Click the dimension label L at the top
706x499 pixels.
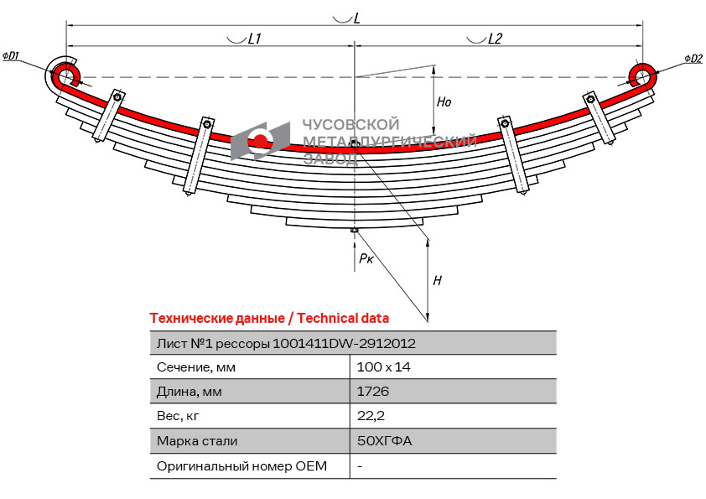click(356, 18)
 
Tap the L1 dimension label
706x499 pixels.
click(255, 39)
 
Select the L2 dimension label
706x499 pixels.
click(495, 39)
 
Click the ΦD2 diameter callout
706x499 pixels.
click(693, 58)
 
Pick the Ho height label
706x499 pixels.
click(444, 102)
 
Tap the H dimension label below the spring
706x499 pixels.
click(437, 281)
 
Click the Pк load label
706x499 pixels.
click(366, 259)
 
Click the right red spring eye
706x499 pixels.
click(644, 75)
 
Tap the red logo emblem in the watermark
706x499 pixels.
click(261, 140)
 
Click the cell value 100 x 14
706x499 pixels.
click(383, 367)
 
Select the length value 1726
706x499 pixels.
click(372, 392)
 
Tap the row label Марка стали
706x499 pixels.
click(197, 441)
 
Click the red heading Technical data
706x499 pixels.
click(343, 319)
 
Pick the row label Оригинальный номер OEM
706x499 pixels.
click(241, 465)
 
